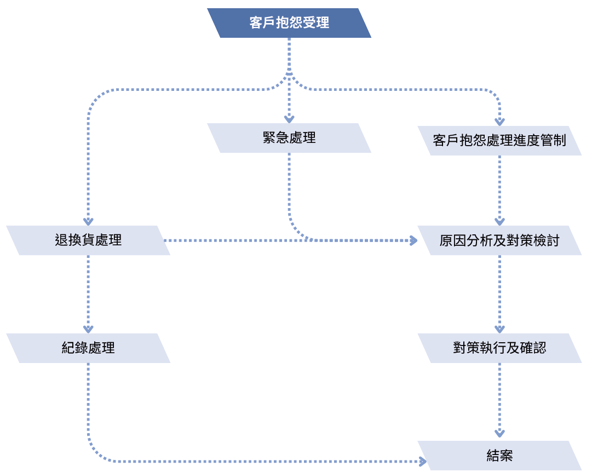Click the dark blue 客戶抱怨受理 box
[289, 23]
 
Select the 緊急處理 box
[289, 138]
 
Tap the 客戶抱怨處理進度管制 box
[499, 141]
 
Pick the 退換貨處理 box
[88, 240]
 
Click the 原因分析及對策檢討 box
[499, 240]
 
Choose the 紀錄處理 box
[88, 348]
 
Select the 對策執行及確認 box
[499, 348]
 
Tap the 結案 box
[499, 456]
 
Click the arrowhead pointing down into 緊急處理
[289, 119]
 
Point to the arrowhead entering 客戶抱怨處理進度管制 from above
[499, 122]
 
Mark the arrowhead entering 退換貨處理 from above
[88, 221]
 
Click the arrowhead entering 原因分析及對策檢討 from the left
[412, 240]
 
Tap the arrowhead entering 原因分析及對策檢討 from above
[499, 221]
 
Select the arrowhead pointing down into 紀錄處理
[88, 329]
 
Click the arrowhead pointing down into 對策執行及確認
[499, 329]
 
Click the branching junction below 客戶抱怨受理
[289, 74]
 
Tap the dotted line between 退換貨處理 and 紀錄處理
[88, 290]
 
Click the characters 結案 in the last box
[499, 456]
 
